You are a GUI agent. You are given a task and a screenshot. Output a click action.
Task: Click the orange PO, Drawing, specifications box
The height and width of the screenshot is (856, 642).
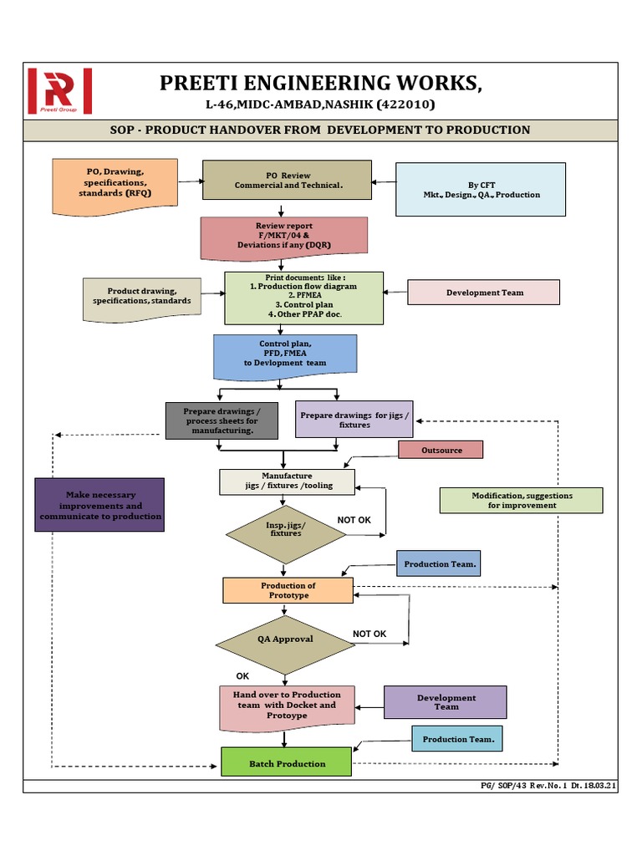115,181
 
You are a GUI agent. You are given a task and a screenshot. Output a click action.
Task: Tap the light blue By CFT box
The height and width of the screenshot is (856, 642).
481,190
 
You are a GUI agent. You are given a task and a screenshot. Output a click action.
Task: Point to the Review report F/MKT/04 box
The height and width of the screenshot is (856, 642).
284,237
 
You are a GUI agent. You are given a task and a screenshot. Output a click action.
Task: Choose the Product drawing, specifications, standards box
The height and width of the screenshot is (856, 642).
141,298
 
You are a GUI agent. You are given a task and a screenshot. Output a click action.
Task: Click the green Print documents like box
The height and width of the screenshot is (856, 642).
304,298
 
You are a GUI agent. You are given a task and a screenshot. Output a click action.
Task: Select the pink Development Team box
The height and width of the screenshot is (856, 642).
484,293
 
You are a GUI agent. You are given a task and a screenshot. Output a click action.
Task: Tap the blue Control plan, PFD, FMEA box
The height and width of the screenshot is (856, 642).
285,354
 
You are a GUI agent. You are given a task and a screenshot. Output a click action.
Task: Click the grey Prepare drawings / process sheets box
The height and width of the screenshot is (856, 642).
221,420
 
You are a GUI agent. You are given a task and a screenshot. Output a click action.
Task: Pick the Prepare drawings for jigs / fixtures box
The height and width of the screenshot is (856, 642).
354,420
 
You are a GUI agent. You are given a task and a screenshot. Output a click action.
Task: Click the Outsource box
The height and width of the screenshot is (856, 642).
441,450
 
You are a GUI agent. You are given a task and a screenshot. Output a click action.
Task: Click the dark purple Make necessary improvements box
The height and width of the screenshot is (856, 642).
99,505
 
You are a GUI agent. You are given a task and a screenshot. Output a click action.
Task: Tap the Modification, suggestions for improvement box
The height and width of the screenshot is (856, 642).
521,500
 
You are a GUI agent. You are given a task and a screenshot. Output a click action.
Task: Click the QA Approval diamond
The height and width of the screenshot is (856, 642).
285,639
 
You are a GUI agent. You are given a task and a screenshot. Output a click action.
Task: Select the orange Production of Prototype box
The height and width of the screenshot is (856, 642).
288,590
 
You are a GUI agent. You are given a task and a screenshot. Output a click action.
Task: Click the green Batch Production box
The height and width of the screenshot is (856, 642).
286,763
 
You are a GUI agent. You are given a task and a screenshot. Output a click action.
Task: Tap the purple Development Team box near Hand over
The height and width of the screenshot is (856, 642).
446,702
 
